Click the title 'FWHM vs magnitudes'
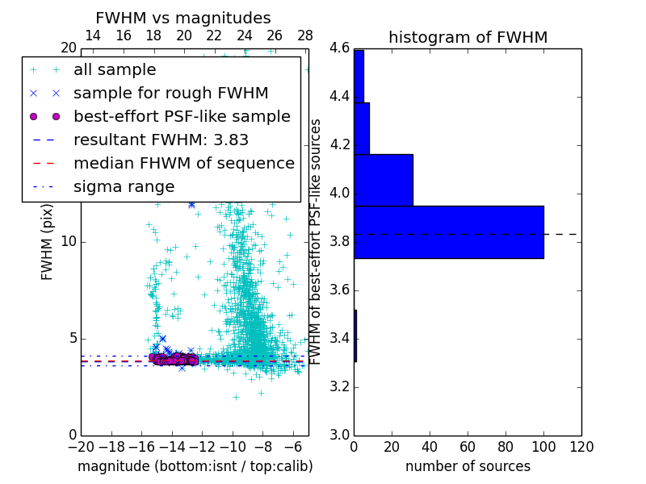(x=182, y=19)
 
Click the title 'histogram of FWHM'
(x=468, y=37)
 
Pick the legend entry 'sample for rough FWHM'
(x=170, y=94)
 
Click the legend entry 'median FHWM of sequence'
(x=183, y=164)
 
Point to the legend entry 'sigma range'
(x=124, y=187)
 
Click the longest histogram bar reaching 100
(x=448, y=232)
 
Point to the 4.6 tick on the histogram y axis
(x=340, y=48)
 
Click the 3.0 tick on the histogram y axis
(x=340, y=435)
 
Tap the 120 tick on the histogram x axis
(x=581, y=447)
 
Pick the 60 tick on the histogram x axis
(x=468, y=447)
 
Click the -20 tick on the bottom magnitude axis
(x=81, y=447)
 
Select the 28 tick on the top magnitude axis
(x=305, y=35)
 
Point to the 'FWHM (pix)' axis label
(x=48, y=241)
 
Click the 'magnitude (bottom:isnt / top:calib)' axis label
(x=195, y=466)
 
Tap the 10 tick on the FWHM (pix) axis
(x=69, y=241)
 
